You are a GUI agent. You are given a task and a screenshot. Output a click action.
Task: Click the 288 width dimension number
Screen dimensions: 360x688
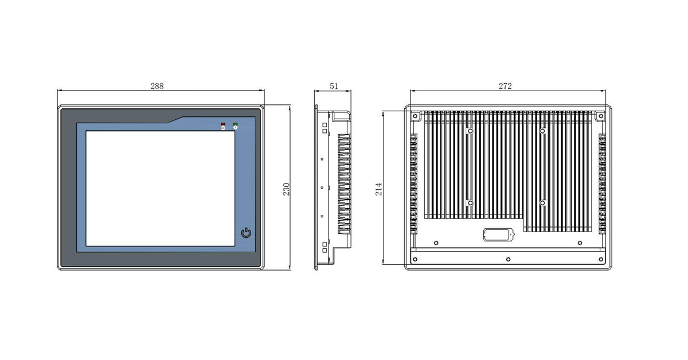click(x=157, y=86)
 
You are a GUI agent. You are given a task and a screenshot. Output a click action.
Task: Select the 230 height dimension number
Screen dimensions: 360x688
click(x=286, y=189)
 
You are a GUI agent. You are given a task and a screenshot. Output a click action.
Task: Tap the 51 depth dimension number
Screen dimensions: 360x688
click(x=334, y=86)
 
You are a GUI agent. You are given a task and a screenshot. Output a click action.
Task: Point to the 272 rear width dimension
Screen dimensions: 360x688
click(x=505, y=86)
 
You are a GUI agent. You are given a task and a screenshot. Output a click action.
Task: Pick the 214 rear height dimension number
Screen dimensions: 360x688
click(x=379, y=189)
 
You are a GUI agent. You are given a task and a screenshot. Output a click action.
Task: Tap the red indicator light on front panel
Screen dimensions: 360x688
click(x=223, y=124)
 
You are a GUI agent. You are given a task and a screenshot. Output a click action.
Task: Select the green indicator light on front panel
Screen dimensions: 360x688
click(x=235, y=124)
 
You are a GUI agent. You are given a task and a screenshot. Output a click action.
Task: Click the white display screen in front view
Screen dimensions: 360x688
click(x=160, y=189)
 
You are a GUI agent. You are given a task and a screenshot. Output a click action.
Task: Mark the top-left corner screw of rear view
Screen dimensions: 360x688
click(x=415, y=116)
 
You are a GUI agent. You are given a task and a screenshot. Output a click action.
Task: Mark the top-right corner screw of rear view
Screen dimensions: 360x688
click(x=600, y=116)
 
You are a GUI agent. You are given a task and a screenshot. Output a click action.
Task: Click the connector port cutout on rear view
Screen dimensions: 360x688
click(x=497, y=234)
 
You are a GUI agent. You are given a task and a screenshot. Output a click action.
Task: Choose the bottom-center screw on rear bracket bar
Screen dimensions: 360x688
click(x=508, y=259)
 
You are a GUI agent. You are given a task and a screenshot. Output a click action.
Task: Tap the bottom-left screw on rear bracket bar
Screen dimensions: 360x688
click(x=415, y=259)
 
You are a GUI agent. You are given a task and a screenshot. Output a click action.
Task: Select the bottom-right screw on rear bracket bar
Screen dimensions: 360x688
click(x=600, y=259)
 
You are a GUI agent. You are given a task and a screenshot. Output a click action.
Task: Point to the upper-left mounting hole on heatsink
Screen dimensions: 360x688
click(x=470, y=131)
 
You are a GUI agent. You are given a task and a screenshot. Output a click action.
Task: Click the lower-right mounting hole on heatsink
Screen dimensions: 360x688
click(x=542, y=203)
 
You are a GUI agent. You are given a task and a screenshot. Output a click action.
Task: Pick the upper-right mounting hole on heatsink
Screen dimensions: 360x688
click(x=542, y=131)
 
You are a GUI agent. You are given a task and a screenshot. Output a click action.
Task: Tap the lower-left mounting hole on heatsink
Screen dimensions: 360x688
click(x=470, y=203)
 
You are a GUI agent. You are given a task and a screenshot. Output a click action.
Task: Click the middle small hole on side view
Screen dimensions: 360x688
click(x=322, y=187)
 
